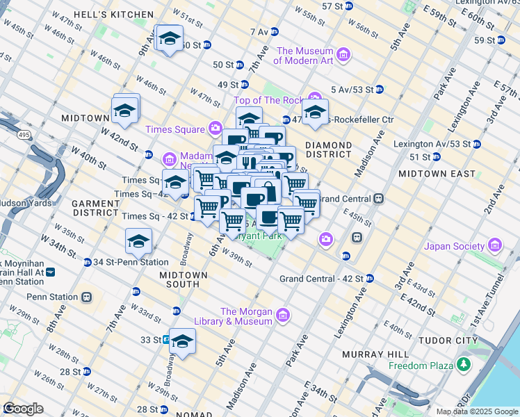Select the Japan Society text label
[x=455, y=246]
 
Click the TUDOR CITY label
[x=448, y=341]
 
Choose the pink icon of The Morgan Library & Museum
[x=282, y=316]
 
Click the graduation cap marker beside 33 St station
[x=182, y=341]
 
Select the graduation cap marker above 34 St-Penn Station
[x=138, y=241]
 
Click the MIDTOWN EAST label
[x=437, y=173]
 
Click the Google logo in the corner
[x=24, y=409]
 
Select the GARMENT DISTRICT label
[x=96, y=207]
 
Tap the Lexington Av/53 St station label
[x=436, y=144]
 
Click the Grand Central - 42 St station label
[x=321, y=279]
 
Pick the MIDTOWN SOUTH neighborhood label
[x=184, y=279]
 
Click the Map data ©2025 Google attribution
[x=477, y=411]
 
